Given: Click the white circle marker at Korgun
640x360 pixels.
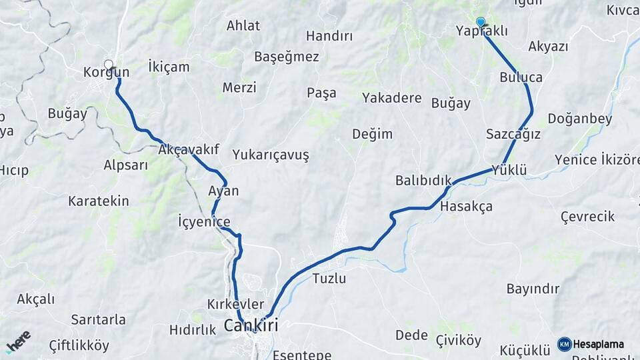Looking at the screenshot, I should pos(109,65).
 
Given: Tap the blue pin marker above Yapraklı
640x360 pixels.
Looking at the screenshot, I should pos(480,22).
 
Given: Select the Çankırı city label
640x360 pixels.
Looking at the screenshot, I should pos(251,326).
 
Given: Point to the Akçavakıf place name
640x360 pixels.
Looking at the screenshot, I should pos(189,151).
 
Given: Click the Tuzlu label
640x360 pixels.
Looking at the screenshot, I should pos(329,278).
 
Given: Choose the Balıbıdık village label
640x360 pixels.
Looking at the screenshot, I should pos(423,180).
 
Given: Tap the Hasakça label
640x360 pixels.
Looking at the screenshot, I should pos(466,207).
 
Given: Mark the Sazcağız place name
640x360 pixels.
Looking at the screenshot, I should pos(513,133).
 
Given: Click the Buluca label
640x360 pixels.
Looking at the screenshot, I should pos(521,77).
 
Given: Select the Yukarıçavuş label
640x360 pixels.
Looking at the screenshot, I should pos(271,155).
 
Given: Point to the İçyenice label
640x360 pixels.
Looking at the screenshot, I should pos(204,222).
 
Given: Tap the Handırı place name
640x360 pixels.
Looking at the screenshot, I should pos(329,36).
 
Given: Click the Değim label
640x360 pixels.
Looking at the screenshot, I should pos(372,134).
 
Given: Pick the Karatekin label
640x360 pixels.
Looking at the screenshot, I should pos(98,201).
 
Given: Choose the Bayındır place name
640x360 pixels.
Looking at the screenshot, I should pos(533,289).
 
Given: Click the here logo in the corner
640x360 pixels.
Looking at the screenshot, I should pos(18,341).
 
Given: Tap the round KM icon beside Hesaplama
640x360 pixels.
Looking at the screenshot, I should pos(564,344).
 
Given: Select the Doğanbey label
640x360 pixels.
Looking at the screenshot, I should pos(579,119).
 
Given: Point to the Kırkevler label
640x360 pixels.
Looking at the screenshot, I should pos(231,305).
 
